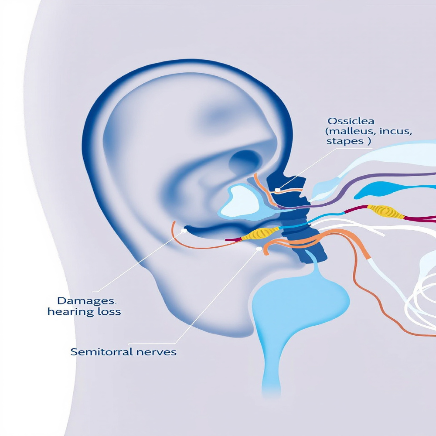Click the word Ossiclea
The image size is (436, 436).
tap(346, 121)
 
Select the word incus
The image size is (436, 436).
tap(390, 131)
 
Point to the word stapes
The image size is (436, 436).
tap(341, 142)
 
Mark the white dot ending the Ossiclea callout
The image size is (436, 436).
tap(277, 190)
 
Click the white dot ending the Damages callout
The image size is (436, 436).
tap(184, 229)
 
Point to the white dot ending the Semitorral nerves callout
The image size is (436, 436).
tap(260, 249)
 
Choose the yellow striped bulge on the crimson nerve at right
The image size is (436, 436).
tap(385, 211)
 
